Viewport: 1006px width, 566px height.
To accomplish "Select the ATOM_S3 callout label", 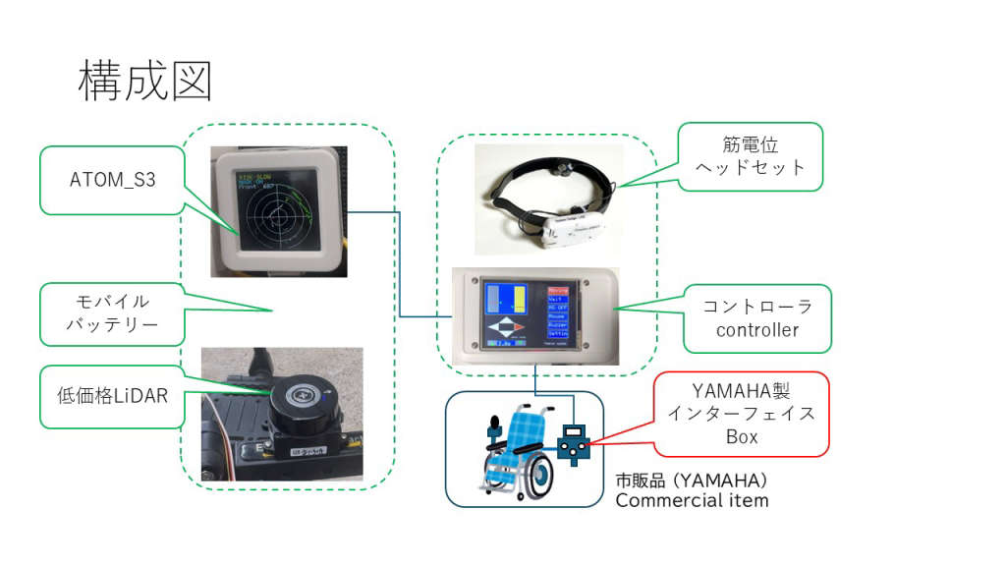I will click(112, 180).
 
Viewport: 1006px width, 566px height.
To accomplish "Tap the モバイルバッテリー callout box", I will click(111, 313).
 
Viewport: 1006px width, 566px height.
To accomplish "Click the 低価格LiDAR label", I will click(111, 396).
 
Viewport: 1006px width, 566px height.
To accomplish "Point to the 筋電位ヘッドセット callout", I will click(750, 156).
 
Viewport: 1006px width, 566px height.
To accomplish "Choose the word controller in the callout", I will click(757, 330).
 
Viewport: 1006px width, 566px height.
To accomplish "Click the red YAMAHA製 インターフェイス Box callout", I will click(742, 413).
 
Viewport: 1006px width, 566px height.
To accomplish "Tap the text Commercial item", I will click(692, 500).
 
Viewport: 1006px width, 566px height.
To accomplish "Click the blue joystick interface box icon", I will click(572, 443).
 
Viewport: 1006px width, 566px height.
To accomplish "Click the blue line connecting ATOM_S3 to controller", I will click(399, 265).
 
